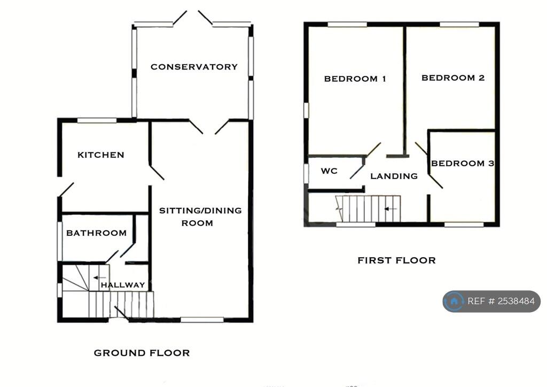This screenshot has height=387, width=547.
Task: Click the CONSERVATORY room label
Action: (x=194, y=67)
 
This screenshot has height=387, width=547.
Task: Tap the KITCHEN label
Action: (x=101, y=155)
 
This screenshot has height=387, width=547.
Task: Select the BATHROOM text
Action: (x=97, y=233)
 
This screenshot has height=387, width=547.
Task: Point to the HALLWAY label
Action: (x=123, y=285)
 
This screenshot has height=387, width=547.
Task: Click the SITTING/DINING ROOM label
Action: (x=200, y=216)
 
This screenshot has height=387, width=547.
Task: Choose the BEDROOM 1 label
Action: (x=355, y=79)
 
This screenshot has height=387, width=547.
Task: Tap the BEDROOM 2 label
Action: (x=453, y=78)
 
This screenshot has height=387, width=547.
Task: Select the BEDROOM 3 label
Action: (x=463, y=164)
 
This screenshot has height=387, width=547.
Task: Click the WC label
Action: (x=329, y=172)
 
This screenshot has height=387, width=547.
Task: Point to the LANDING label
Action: (x=394, y=176)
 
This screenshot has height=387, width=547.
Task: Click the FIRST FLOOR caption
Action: (x=396, y=260)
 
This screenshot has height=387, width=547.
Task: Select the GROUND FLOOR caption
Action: (x=142, y=353)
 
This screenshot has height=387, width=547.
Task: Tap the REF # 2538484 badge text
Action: (x=501, y=301)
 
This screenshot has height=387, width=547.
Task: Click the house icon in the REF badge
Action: (x=454, y=301)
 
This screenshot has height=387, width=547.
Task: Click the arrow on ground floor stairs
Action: (x=98, y=277)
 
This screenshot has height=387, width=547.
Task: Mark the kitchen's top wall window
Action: (x=97, y=120)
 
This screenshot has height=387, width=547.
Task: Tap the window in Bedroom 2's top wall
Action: (x=459, y=24)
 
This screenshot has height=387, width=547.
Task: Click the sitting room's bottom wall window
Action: (x=202, y=320)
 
